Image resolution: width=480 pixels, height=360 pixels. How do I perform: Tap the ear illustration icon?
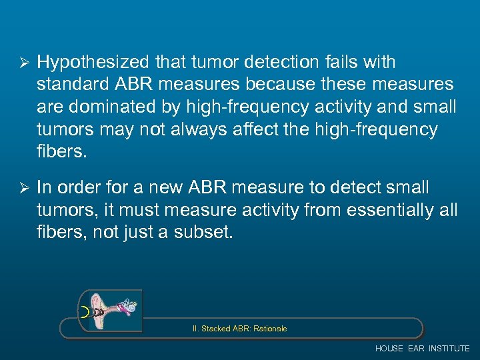click(x=110, y=311)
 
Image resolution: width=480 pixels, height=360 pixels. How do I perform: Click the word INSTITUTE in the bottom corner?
click(x=449, y=349)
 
